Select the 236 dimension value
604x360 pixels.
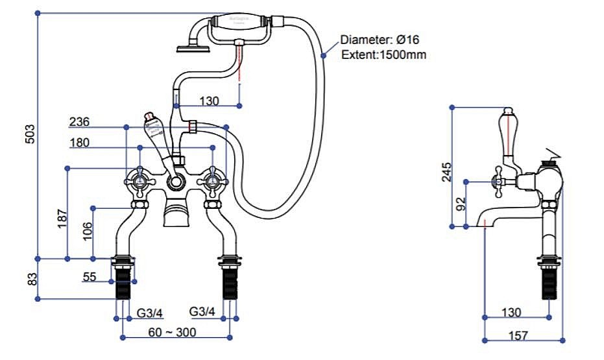[x=79, y=122]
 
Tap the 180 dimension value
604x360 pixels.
[x=79, y=143]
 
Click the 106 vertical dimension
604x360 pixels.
[x=88, y=232]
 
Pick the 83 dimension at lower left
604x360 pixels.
[x=30, y=279]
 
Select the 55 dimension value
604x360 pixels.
[x=90, y=277]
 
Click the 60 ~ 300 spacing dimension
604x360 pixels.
[x=172, y=333]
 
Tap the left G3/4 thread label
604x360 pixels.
[x=149, y=313]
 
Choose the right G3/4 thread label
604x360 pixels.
[x=202, y=312]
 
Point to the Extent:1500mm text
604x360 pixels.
[x=383, y=54]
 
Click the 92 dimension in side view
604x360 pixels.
[x=460, y=204]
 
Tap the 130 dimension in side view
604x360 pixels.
[x=511, y=313]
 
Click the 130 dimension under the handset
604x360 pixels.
[x=209, y=101]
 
